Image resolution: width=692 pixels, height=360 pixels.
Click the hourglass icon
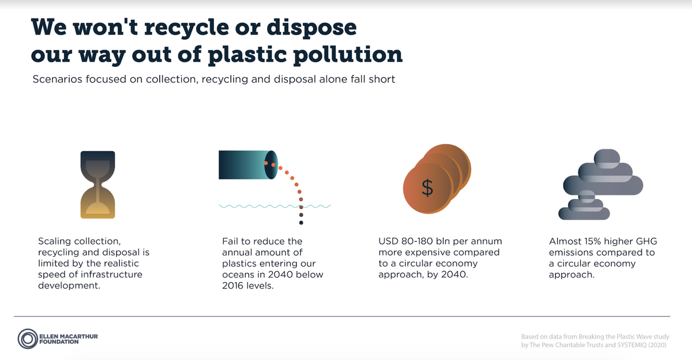[97, 185]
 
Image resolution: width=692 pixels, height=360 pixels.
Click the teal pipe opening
[271, 164]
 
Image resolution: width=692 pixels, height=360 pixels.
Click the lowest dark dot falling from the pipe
[301, 222]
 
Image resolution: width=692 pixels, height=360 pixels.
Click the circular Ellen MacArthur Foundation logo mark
[27, 339]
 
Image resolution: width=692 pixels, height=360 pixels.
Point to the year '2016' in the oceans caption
[234, 285]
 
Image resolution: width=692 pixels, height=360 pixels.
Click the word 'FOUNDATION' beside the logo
[59, 342]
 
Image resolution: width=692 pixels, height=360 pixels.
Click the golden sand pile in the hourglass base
[97, 209]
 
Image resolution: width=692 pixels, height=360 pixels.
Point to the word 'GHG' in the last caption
[642, 241]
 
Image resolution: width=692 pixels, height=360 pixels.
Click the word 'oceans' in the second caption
[237, 274]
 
